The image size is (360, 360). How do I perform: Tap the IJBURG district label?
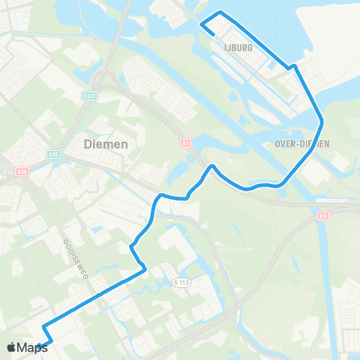pyautogui.click(x=237, y=46)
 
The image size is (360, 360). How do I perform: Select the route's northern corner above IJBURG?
pyautogui.click(x=220, y=13)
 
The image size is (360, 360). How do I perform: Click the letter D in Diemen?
pyautogui.click(x=88, y=144)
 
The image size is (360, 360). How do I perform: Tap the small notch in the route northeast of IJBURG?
pyautogui.click(x=295, y=67)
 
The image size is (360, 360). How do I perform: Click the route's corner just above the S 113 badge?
pyautogui.click(x=143, y=271)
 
